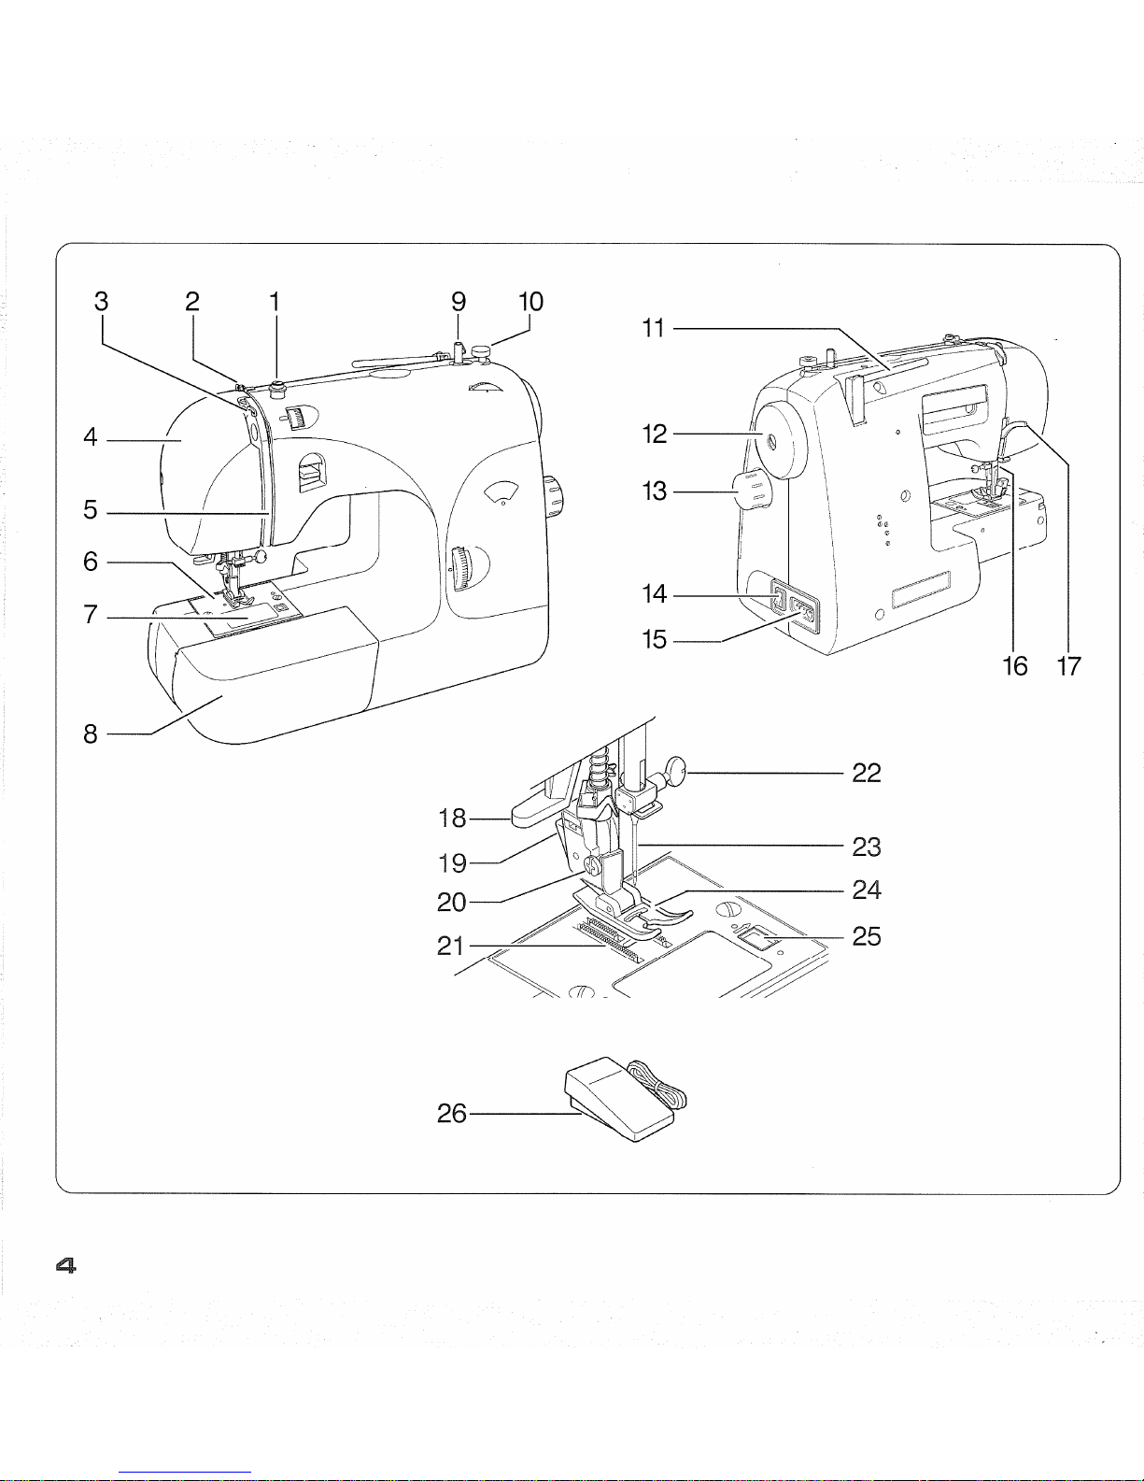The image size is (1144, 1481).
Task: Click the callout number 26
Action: coord(451,1114)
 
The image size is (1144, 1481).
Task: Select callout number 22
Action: coord(867,773)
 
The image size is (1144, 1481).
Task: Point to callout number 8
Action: coord(91,734)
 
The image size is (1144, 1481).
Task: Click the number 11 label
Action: coord(654,329)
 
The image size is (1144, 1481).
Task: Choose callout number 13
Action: coord(655,491)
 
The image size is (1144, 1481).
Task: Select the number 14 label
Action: coord(655,593)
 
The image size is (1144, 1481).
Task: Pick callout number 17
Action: coord(1069,666)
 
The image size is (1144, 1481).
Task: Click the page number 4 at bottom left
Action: coord(65,1266)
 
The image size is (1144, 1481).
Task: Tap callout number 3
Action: coord(102,301)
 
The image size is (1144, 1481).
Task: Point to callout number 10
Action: coord(531,301)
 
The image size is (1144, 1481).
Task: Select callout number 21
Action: coord(451,946)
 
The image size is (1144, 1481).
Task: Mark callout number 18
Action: coord(452,818)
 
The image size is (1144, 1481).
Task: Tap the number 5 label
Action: coord(91,510)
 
